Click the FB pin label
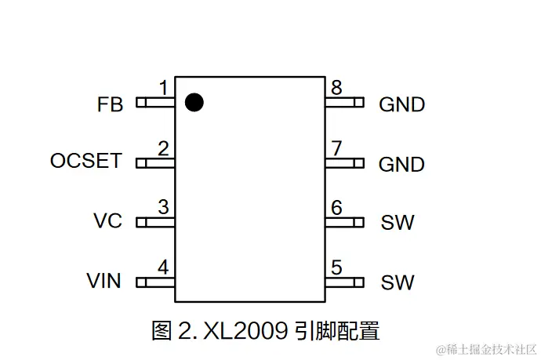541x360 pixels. point(111,104)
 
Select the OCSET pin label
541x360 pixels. point(86,162)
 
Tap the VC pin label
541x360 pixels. point(107,221)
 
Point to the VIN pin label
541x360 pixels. point(104,280)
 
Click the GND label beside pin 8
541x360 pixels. point(401,104)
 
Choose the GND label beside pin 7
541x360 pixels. point(401,165)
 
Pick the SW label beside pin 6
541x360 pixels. point(398,223)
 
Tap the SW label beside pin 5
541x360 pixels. point(398,282)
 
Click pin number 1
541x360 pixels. point(163,88)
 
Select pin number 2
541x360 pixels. point(163,148)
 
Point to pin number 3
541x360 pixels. point(163,208)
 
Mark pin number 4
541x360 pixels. point(163,267)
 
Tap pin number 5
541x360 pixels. point(336,267)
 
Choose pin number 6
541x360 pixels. point(336,208)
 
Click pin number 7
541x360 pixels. point(336,148)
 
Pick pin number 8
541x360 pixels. point(336,88)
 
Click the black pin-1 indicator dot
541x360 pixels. point(194,102)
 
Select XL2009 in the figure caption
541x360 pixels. point(245,330)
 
